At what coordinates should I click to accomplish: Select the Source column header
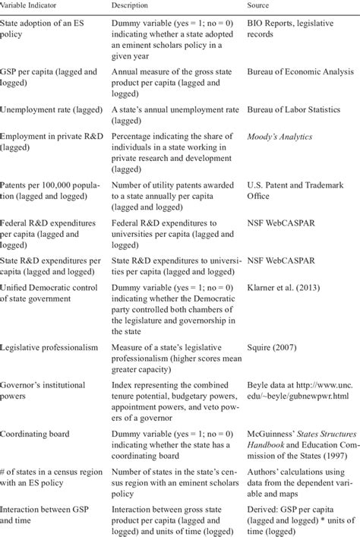point(261,5)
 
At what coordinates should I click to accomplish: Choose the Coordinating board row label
point(34,434)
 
